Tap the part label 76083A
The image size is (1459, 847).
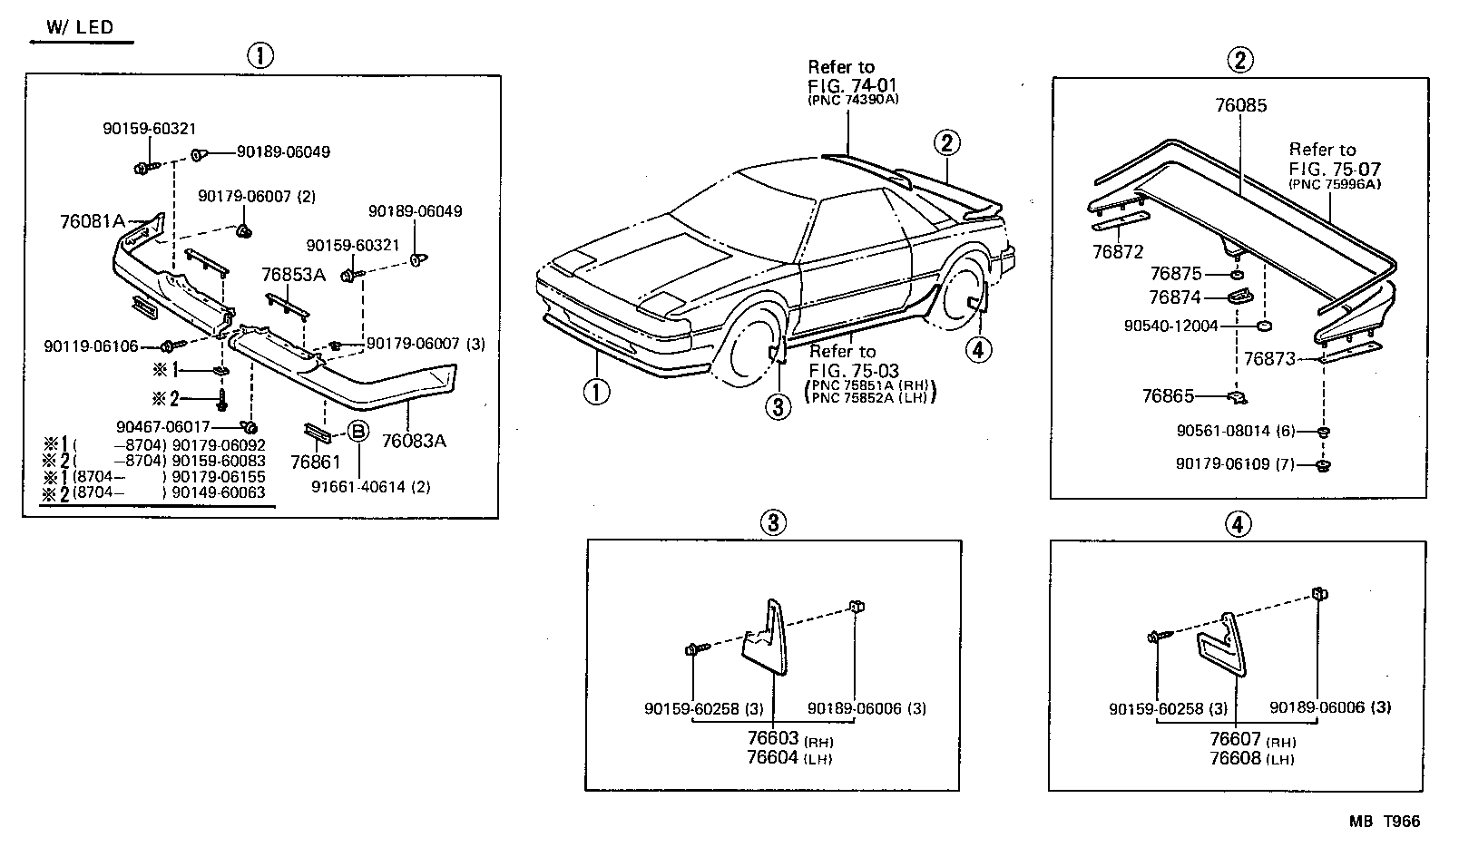point(414,442)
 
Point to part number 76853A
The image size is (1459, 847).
point(292,274)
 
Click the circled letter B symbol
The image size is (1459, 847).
point(358,432)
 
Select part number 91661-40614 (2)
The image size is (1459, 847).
point(370,487)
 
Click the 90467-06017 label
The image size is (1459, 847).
point(163,426)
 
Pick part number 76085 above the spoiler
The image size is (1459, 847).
point(1240,105)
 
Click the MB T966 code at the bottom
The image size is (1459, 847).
point(1384,822)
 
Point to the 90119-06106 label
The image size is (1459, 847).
point(91,346)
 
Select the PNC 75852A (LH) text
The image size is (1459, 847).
point(868,397)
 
